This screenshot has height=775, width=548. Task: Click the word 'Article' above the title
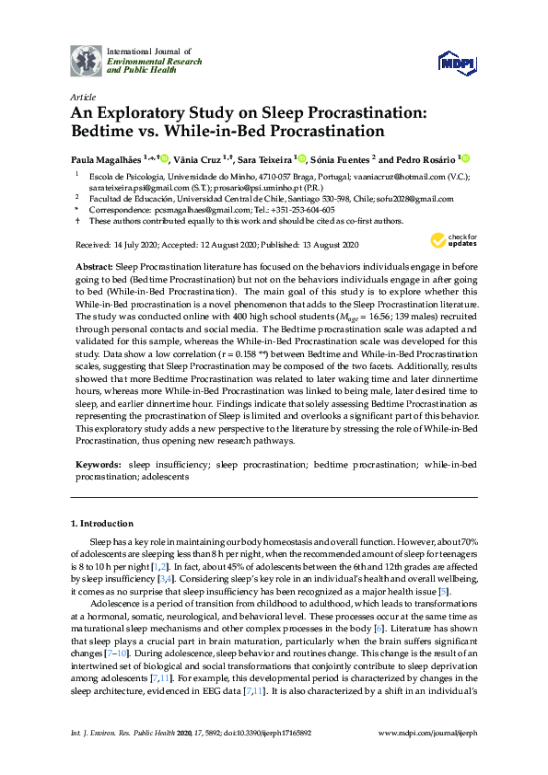(x=82, y=96)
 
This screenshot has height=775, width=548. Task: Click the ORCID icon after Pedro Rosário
(x=465, y=158)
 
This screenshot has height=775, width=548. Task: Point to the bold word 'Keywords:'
(x=97, y=467)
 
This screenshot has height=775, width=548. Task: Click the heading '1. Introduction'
(x=102, y=524)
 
